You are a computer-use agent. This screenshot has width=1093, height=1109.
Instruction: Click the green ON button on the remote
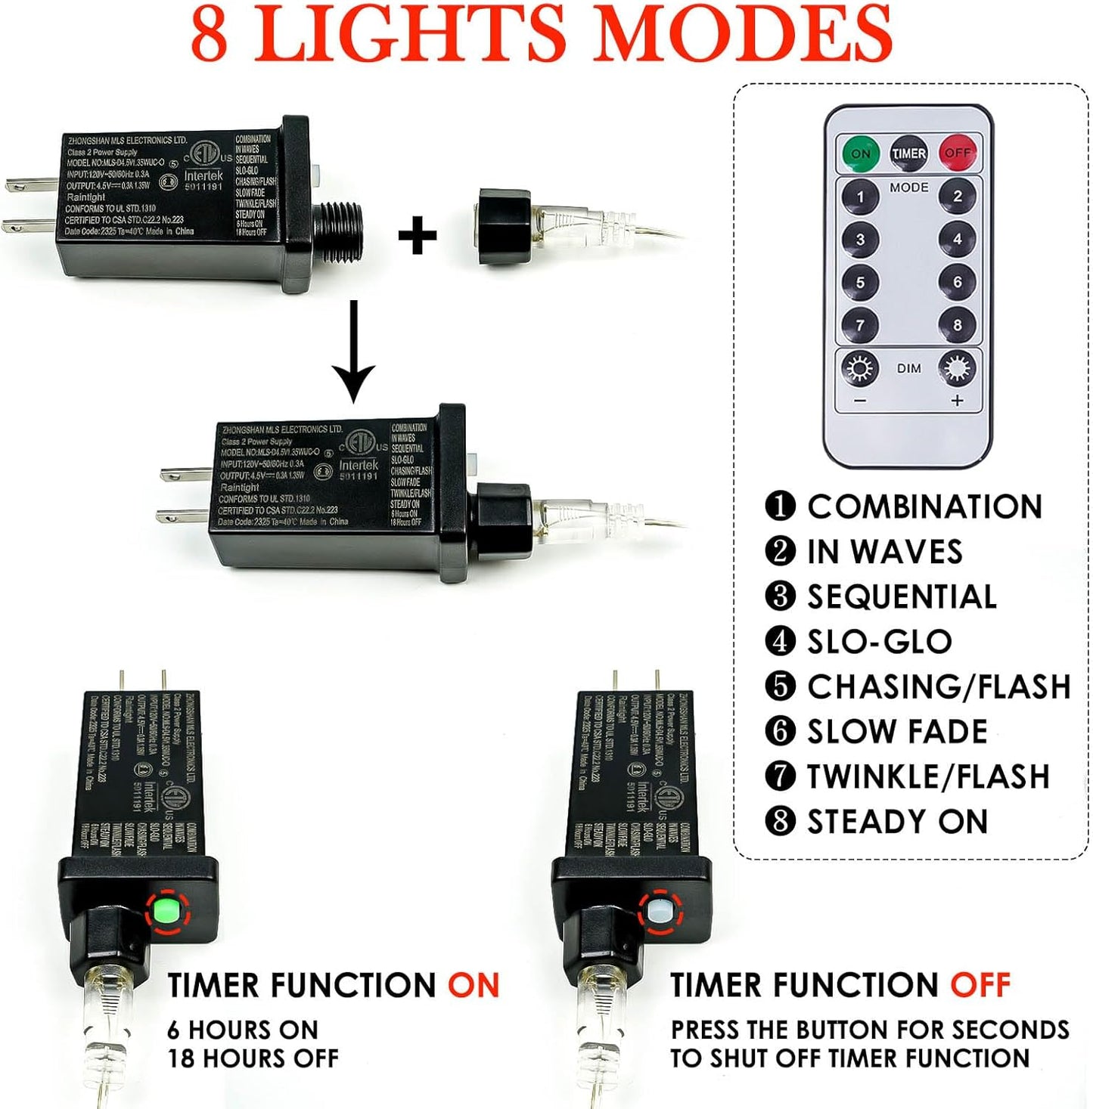pyautogui.click(x=861, y=153)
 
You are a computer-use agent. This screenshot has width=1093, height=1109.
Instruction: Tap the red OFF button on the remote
pyautogui.click(x=957, y=153)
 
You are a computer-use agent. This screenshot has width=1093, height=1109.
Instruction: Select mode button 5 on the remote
pyautogui.click(x=860, y=283)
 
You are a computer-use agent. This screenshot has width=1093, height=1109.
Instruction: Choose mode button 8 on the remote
pyautogui.click(x=957, y=325)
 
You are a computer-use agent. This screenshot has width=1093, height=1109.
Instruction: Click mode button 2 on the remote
pyautogui.click(x=957, y=197)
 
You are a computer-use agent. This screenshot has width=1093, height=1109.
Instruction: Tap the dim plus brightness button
pyautogui.click(x=957, y=370)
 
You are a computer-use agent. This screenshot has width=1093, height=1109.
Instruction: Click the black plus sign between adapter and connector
pyautogui.click(x=418, y=235)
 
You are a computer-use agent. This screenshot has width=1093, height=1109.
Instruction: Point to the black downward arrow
pyautogui.click(x=353, y=352)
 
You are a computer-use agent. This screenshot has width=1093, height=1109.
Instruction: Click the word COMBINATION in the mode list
pyautogui.click(x=924, y=506)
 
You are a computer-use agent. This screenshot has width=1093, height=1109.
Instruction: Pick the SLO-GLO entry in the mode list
pyautogui.click(x=879, y=642)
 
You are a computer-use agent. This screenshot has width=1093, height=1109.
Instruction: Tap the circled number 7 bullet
pyautogui.click(x=780, y=776)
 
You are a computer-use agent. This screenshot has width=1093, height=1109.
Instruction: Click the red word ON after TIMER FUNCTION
pyautogui.click(x=474, y=986)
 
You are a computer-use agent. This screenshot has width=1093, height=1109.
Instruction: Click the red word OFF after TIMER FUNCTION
pyautogui.click(x=980, y=986)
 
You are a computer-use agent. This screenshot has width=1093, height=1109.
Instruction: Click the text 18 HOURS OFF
pyautogui.click(x=253, y=1058)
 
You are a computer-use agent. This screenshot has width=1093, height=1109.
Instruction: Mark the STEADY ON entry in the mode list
pyautogui.click(x=897, y=822)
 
